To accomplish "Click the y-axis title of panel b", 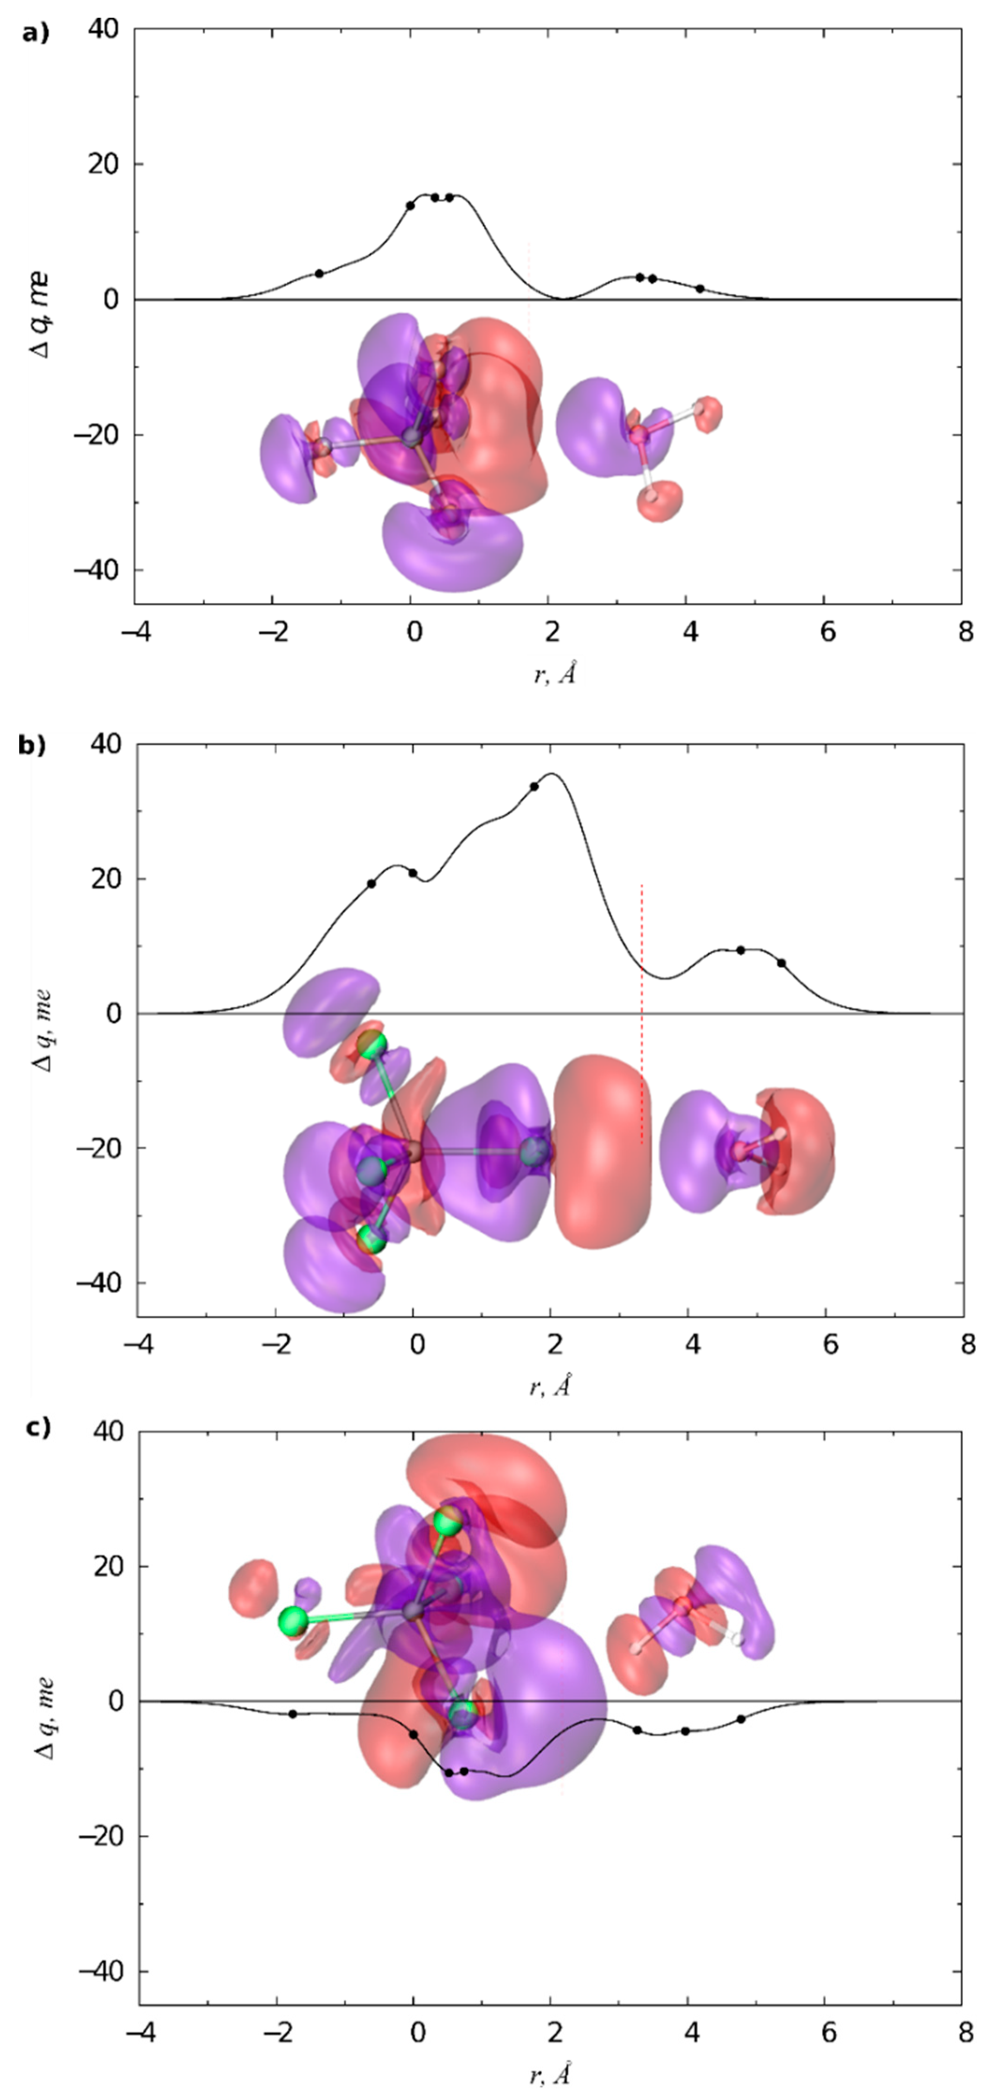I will tap(42, 1030).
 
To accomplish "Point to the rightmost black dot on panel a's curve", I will tap(700, 289).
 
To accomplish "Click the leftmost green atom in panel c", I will tap(293, 1622).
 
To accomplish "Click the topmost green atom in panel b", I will tap(372, 1045).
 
